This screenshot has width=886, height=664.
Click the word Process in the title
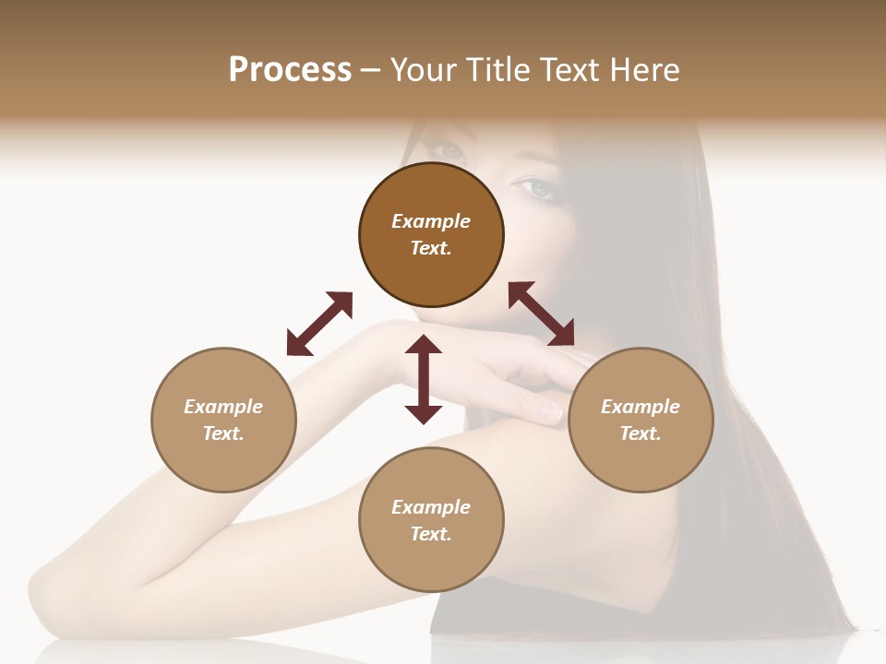coord(290,70)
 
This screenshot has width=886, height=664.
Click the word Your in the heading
coord(424,70)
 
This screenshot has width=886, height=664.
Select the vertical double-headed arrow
coord(424,379)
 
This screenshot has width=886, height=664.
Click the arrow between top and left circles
coord(319,324)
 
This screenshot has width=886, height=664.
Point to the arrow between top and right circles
coord(541,314)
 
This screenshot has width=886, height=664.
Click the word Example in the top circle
coord(431,221)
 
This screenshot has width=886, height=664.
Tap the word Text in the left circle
coord(223,433)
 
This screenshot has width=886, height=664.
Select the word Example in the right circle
coord(641,407)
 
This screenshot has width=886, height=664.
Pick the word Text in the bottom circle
coord(431,534)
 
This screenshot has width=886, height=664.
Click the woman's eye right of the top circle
coord(538,188)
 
